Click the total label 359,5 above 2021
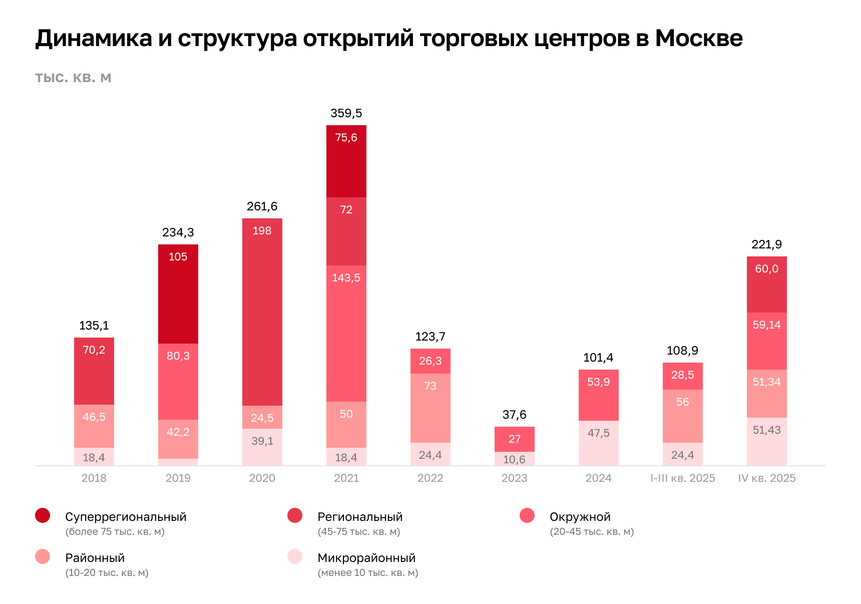coord(346,113)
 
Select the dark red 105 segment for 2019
coord(178,293)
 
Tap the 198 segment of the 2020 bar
coord(262,312)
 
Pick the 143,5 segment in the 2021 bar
coord(346,333)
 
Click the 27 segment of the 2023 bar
coord(514,439)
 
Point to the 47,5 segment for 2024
coord(598,443)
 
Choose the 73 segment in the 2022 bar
coord(430,408)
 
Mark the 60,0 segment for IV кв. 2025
coord(766,284)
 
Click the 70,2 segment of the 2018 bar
coord(94,371)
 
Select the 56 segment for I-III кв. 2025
coord(682,416)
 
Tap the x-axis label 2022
coord(430,478)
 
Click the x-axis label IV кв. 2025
coord(766,478)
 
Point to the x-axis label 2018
coord(94,478)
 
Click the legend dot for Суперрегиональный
coord(43,515)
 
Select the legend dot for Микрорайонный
coord(295,556)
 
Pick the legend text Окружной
coord(580,517)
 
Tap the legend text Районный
coord(95,558)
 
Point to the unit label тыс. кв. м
coord(73,78)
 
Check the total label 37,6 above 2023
coord(514,415)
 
